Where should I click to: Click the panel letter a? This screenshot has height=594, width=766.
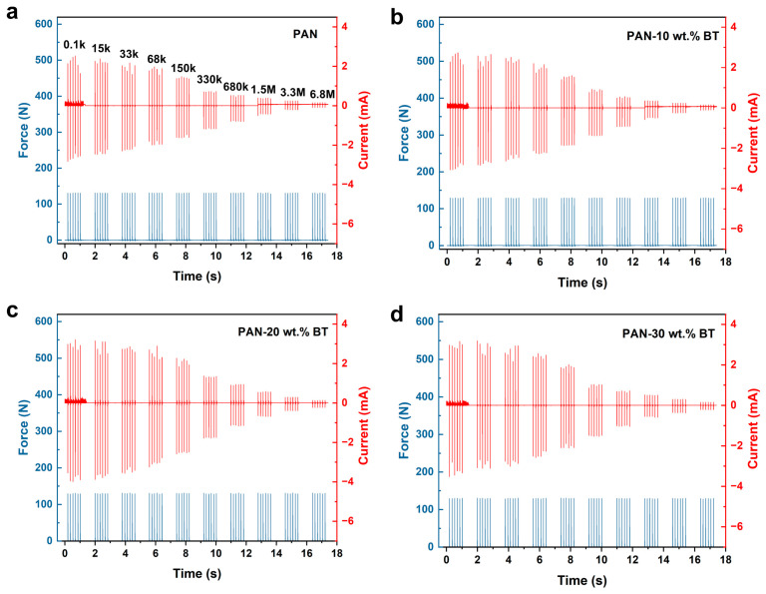12,13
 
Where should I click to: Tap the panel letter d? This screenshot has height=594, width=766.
397,314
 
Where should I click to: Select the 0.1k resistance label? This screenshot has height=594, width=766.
74,45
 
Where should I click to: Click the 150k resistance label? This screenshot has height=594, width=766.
184,68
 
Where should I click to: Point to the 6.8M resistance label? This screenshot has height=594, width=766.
322,94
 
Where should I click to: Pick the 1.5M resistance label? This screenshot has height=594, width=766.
263,90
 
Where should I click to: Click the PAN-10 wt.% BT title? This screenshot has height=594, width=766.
672,35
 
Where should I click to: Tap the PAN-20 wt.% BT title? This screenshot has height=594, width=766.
283,332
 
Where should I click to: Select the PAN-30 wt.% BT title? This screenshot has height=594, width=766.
668,333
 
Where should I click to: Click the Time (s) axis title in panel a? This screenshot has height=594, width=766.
196,277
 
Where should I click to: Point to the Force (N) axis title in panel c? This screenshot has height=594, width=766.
24,430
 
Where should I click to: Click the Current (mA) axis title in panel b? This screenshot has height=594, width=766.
753,133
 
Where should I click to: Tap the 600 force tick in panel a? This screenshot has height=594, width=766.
44,24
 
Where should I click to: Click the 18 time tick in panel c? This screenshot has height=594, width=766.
336,553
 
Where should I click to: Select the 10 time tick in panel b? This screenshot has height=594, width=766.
601,262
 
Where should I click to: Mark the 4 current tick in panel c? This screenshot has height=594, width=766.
345,323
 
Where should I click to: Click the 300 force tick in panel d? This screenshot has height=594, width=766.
425,434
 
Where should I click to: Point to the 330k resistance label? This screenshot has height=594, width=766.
209,79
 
